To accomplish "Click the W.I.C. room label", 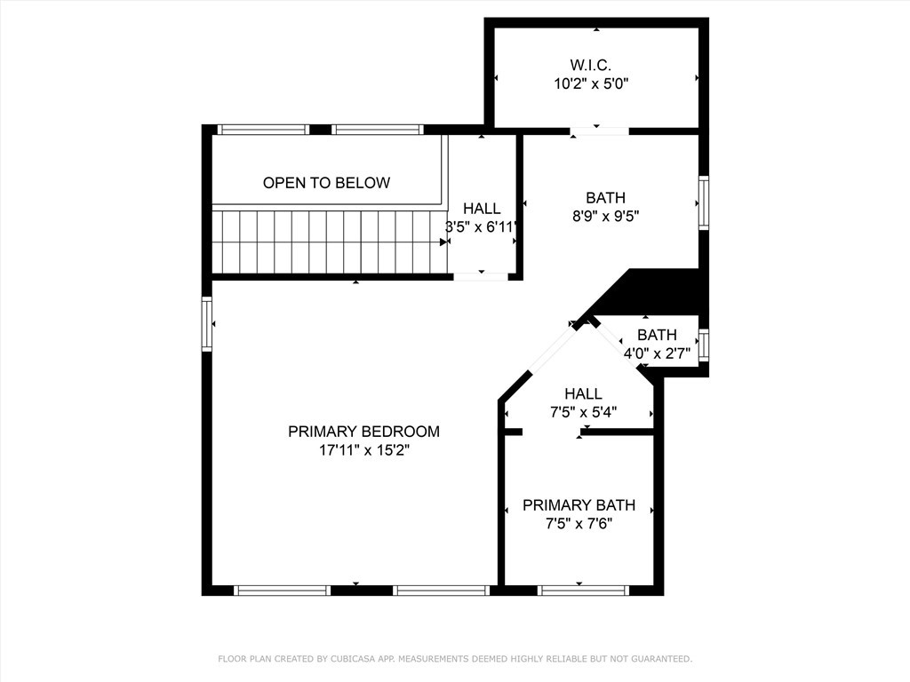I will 591,65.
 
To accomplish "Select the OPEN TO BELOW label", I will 326,183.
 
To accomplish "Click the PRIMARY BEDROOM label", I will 363,432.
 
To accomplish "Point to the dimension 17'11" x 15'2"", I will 363,450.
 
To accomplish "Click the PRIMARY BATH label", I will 579,504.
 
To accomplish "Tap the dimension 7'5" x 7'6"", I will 579,524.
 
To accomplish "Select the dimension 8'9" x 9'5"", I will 605,215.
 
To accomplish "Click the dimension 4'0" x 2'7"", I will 657,353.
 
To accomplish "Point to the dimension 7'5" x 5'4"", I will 583,412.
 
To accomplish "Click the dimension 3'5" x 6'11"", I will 482,226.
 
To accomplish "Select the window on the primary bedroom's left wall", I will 207,324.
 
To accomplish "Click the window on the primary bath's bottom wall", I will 583,590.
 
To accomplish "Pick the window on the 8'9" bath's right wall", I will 704,203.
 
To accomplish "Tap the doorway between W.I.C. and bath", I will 600,131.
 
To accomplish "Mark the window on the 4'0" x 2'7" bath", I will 704,345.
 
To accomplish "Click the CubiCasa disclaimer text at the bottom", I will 455,659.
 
